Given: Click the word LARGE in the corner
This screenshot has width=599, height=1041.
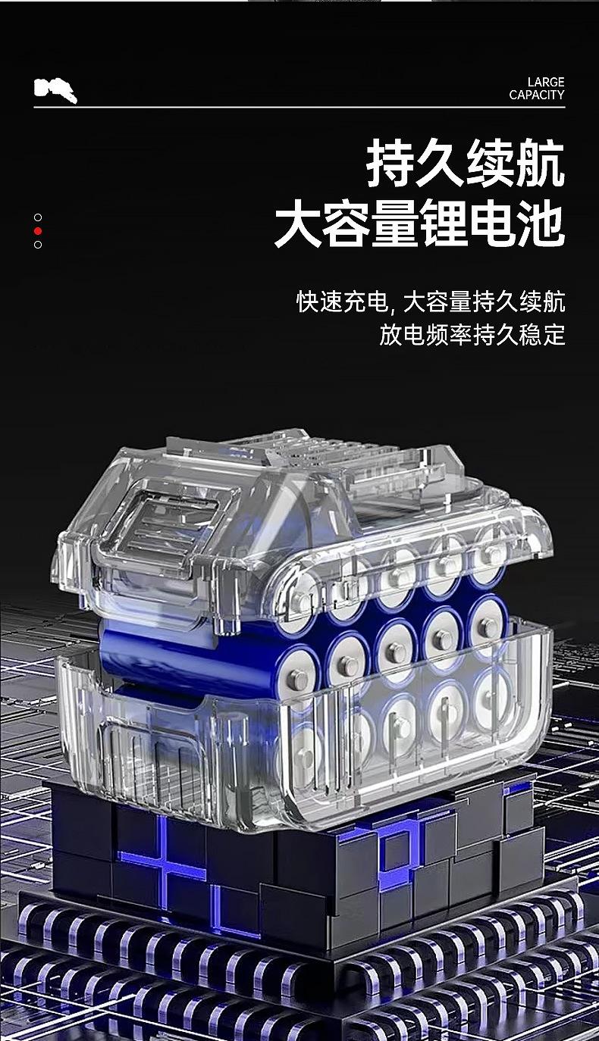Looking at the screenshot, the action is pyautogui.click(x=545, y=83).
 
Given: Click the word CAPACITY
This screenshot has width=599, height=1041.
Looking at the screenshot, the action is pyautogui.click(x=537, y=95).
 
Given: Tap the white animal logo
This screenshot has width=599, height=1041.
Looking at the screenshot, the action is pyautogui.click(x=55, y=89).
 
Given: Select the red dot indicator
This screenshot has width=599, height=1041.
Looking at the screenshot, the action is pyautogui.click(x=38, y=231).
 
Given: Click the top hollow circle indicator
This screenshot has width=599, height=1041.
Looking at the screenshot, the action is pyautogui.click(x=38, y=217).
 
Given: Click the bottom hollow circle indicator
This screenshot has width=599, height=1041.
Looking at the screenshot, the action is pyautogui.click(x=38, y=245).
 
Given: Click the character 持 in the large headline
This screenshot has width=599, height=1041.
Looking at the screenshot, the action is pyautogui.click(x=390, y=164).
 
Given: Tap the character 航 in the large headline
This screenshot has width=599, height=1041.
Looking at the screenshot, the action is pyautogui.click(x=540, y=164).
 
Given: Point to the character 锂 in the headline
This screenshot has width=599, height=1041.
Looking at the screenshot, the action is pyautogui.click(x=445, y=224).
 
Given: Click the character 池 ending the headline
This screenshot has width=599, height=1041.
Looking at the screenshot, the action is pyautogui.click(x=541, y=224).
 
